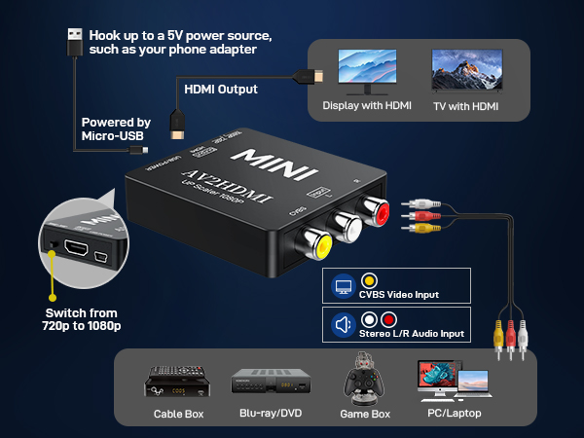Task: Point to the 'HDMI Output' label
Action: pyautogui.click(x=221, y=90)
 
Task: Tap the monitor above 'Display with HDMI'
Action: pyautogui.click(x=367, y=71)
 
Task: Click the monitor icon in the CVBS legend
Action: pyautogui.click(x=343, y=287)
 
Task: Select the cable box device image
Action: pyautogui.click(x=178, y=382)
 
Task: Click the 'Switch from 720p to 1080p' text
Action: pyautogui.click(x=76, y=319)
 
